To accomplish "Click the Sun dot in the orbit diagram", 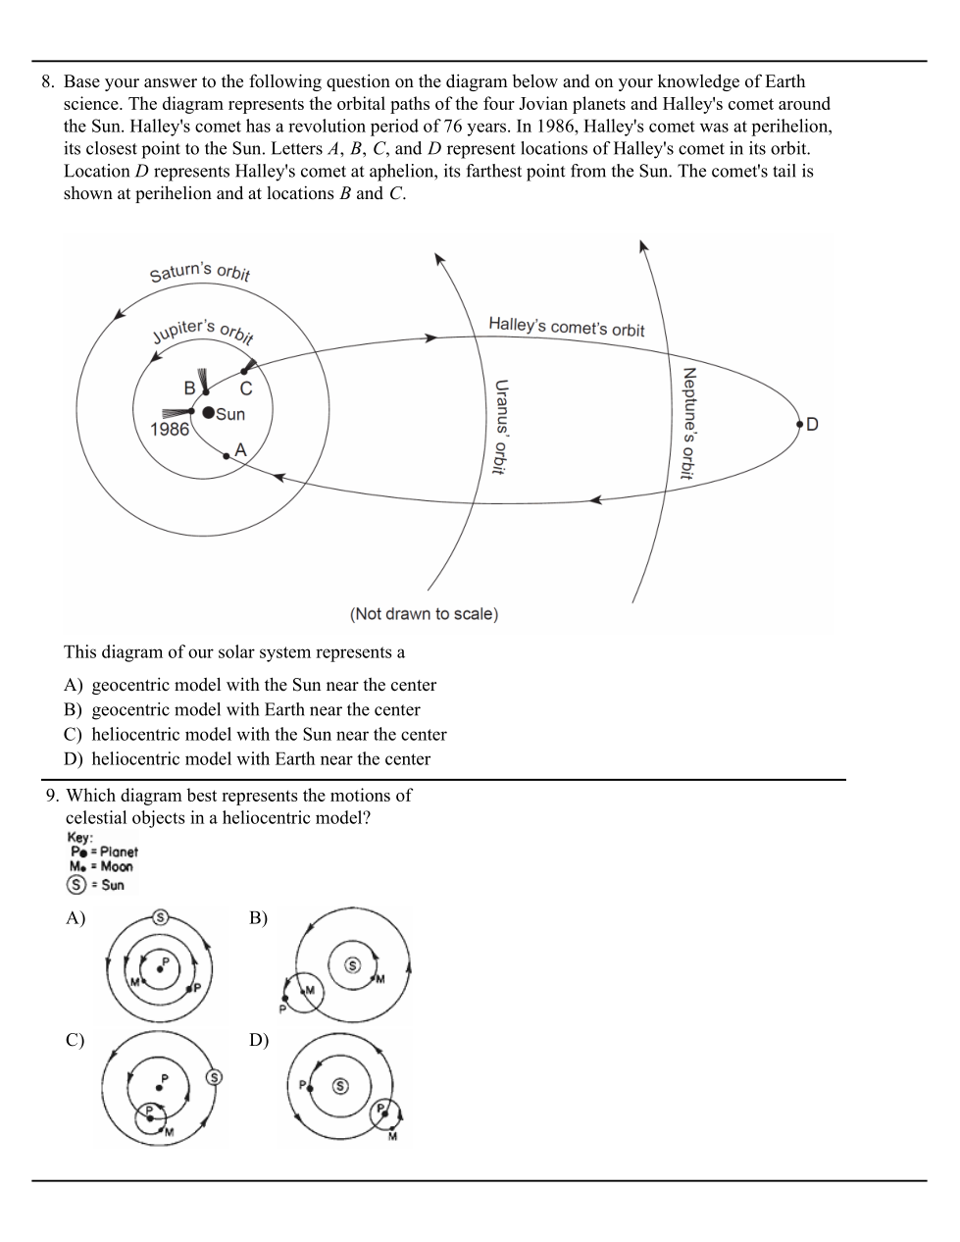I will pos(208,412).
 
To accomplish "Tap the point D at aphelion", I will pos(800,423).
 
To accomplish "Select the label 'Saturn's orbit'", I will pos(200,271).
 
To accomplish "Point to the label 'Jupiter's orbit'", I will pos(203,331).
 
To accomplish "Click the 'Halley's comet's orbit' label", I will pos(566,326).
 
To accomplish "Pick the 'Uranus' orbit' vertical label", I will pos(500,428).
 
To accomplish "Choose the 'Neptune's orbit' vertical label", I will pos(688,424).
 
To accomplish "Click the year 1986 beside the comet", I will pos(169,430).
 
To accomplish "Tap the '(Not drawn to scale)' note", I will pos(424,614).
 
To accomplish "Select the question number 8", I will pos(47,82).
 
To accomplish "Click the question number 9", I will pos(52,796).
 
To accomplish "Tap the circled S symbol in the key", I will pos(76,885).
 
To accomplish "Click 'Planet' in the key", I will pos(119,852).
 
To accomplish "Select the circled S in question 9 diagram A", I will pos(161,917).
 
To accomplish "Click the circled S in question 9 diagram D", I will pos(340,1086).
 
